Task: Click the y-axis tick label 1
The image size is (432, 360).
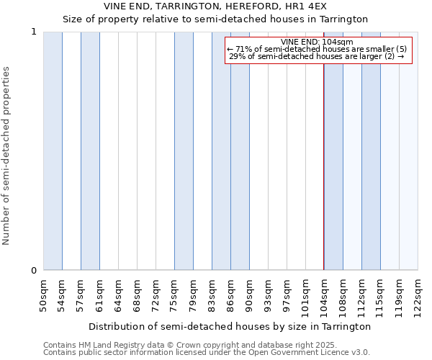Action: pyautogui.click(x=34, y=32)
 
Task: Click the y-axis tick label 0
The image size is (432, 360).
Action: pyautogui.click(x=34, y=271)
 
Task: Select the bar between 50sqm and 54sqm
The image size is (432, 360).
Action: pyautogui.click(x=53, y=151)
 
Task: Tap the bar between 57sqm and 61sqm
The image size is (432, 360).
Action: pyautogui.click(x=90, y=151)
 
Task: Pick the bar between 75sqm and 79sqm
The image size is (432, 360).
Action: pyautogui.click(x=184, y=151)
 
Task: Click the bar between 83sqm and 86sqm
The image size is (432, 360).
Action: pyautogui.click(x=221, y=151)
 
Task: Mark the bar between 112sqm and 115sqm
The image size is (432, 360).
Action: pyautogui.click(x=371, y=151)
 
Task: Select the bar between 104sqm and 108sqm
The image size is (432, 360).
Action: pyautogui.click(x=333, y=151)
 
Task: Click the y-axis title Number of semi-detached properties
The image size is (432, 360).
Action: pyautogui.click(x=6, y=156)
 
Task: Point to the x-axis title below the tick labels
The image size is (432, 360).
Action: pyautogui.click(x=230, y=326)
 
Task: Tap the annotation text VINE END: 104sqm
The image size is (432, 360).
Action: pyautogui.click(x=317, y=42)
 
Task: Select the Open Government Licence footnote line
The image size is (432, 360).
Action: pyautogui.click(x=207, y=353)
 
